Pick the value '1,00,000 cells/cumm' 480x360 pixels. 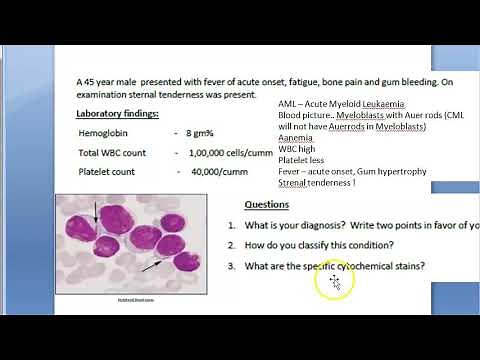tap(229, 152)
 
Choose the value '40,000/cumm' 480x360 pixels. tap(216, 172)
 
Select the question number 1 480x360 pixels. tap(231, 224)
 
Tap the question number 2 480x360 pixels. tap(231, 245)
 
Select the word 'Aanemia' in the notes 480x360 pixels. tap(297, 137)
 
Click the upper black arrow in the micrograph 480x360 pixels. tap(96, 212)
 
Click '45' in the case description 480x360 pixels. tap(95, 82)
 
